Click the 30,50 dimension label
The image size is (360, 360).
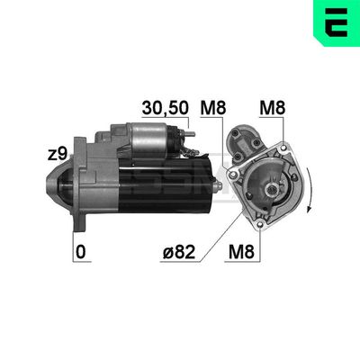[x=166, y=108]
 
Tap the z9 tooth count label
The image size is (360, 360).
[x=58, y=154]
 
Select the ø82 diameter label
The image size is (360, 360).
[x=179, y=252]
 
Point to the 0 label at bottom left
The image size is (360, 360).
[x=80, y=252]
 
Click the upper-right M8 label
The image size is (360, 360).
[x=273, y=108]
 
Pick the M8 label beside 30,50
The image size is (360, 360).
[x=213, y=108]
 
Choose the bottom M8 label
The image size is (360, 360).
[x=241, y=252]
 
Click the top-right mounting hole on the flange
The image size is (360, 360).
[x=283, y=148]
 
